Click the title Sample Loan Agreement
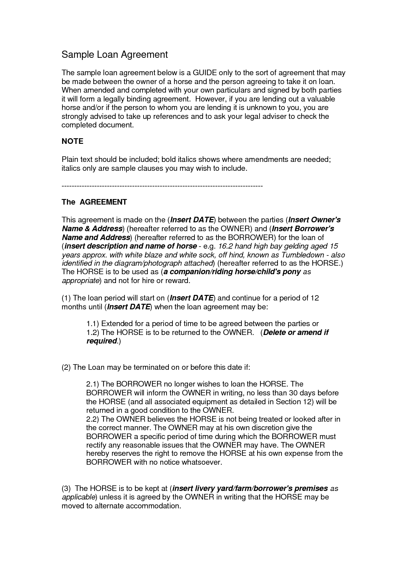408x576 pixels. click(115, 55)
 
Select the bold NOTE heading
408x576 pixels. click(72, 141)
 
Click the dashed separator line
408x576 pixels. click(162, 186)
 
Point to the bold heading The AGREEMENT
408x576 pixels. click(94, 202)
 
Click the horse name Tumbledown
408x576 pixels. click(302, 255)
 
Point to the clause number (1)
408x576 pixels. click(66, 298)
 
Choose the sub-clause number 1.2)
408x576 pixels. click(93, 332)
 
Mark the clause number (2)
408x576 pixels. click(66, 367)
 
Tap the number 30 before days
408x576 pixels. click(293, 393)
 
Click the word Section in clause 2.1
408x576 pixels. click(288, 402)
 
